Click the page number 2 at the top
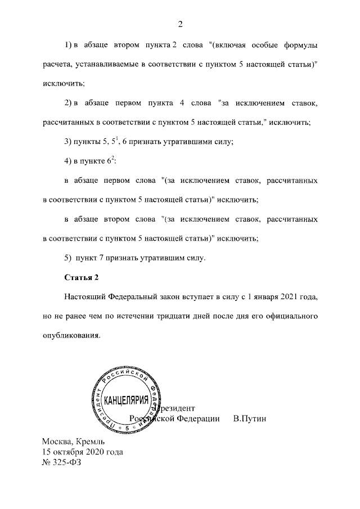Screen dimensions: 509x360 181,24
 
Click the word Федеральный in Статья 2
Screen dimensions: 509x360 139,296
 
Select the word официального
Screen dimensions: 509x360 291,316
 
